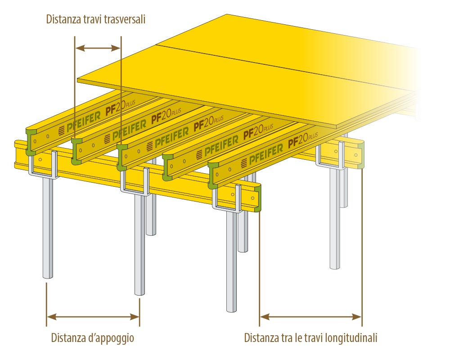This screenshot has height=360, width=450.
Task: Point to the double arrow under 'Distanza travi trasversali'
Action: [x=98, y=47]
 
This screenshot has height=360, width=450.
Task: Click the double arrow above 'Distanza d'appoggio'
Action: [x=93, y=317]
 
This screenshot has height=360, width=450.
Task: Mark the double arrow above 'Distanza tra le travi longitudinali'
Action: [x=310, y=317]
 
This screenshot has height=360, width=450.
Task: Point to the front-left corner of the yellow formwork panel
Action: [x=78, y=80]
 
